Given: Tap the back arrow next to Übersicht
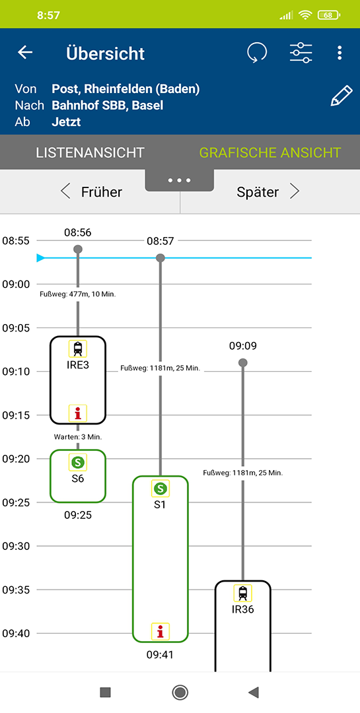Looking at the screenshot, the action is tap(25, 53).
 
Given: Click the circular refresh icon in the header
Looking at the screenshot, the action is tap(257, 53).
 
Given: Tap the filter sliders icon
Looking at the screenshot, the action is tap(301, 53).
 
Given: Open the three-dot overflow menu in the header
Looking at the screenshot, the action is tap(340, 53).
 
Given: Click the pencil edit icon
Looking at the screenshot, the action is tap(342, 96).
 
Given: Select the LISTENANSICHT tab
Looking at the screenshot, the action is tap(90, 153).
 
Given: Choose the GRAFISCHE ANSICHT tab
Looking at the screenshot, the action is tap(270, 153).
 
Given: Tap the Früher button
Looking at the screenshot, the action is tap(91, 192).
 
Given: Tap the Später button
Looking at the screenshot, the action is tap(268, 192).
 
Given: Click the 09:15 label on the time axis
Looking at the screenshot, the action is tap(15, 415).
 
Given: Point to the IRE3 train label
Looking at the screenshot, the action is tap(78, 364).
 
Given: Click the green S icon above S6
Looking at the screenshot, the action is tap(78, 462).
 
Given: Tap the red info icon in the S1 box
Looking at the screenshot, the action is tap(161, 631).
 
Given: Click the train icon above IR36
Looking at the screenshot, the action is tap(243, 593).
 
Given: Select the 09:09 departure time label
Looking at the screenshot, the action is tap(243, 346).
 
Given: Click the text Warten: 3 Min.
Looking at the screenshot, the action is tap(78, 437).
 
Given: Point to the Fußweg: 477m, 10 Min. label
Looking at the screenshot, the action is tap(78, 294).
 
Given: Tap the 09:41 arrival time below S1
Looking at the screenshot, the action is tap(161, 655).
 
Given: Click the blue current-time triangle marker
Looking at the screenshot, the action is tap(41, 258).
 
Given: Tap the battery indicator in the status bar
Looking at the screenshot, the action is tap(329, 15).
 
